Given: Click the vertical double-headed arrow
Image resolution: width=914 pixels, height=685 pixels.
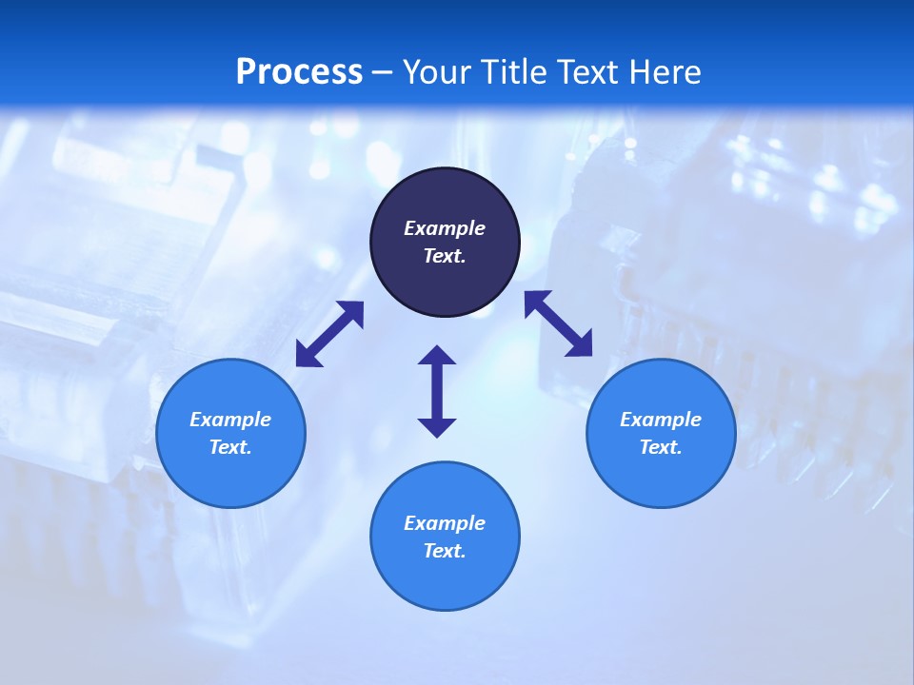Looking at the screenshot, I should tap(437, 392).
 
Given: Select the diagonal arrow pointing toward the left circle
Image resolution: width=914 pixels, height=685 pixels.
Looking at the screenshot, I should tap(329, 334).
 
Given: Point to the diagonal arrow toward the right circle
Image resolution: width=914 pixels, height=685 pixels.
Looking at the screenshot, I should tap(558, 323).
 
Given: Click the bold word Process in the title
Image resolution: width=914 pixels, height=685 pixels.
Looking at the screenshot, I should tap(299, 71).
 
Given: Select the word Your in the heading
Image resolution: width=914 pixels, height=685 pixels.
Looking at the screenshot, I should tap(436, 71).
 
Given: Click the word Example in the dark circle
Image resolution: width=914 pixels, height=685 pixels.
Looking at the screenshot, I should tap(445, 228).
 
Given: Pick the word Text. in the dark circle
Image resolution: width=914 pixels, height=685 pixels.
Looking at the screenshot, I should tap(445, 256).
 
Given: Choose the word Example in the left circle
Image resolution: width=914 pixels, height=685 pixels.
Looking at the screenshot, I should tap(230, 420).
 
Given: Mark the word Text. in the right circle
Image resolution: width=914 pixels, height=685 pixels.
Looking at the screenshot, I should tap(661, 447).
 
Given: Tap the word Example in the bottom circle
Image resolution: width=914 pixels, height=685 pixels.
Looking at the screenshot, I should tap(445, 523).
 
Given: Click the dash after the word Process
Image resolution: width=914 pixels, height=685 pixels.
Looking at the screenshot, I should tap(382, 72).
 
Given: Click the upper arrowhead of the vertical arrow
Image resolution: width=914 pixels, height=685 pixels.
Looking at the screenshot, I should tap(437, 356).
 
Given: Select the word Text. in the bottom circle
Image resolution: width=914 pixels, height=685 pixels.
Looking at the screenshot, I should tap(445, 551).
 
